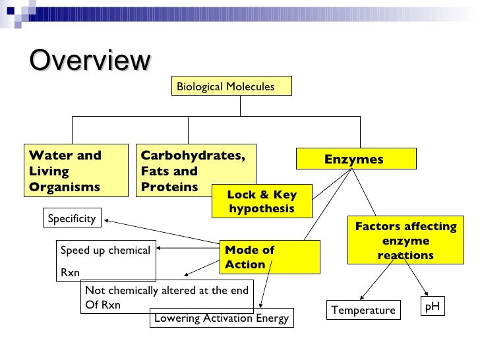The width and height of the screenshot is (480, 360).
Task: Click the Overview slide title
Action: click(x=90, y=61)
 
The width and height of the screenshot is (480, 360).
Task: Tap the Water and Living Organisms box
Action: click(x=76, y=170)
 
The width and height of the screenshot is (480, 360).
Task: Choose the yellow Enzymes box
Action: click(x=356, y=159)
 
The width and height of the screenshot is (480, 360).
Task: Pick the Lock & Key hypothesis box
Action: click(x=262, y=201)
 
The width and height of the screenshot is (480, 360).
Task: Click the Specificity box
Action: click(x=72, y=218)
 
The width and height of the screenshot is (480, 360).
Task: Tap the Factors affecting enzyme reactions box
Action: click(x=405, y=241)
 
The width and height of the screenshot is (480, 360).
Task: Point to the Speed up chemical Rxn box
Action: click(x=107, y=260)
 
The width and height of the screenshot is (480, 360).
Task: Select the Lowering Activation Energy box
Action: click(x=222, y=318)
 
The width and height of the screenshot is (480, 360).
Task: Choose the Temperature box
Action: click(x=363, y=310)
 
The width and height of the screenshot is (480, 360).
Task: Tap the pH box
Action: click(x=433, y=306)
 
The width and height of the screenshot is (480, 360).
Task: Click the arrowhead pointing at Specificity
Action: click(x=106, y=222)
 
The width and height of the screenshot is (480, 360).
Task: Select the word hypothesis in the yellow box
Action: click(x=262, y=208)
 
